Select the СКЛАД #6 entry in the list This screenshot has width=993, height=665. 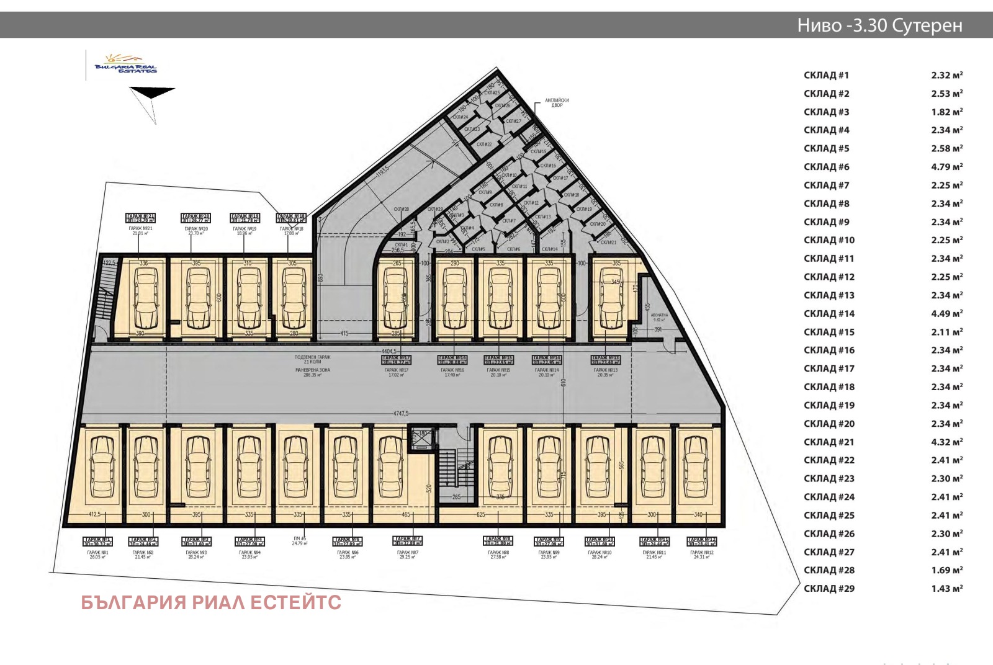pos(826,167)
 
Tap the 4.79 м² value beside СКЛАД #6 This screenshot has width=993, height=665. pos(946,167)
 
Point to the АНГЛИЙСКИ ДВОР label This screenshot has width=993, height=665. pos(557,103)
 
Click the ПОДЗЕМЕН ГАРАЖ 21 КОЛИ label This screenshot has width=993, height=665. pos(312,359)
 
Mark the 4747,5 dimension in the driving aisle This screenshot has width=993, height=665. pos(400,413)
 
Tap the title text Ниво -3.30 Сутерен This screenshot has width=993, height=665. pos(879,25)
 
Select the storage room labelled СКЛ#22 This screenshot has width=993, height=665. pos(484,145)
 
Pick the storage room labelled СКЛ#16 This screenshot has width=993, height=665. pos(547,166)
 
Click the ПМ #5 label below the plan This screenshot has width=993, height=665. pos(300,541)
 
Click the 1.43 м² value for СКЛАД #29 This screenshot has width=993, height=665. pos(946,589)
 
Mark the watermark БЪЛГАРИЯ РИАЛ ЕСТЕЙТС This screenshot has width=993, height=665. pos(211,602)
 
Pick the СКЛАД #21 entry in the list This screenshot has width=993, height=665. pos(829,442)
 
